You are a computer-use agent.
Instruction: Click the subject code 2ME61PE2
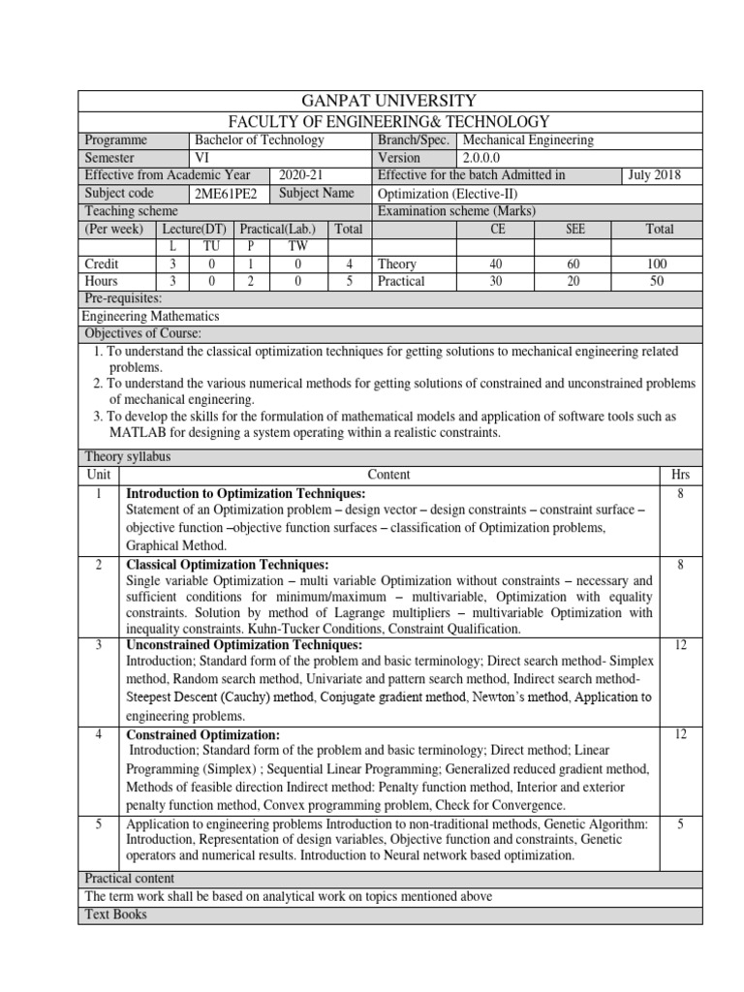click(227, 193)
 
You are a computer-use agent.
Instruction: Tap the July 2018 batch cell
click(654, 175)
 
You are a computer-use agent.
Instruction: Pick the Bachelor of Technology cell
click(260, 139)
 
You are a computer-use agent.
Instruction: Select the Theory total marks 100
click(657, 263)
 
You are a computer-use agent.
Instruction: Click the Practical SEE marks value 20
click(575, 281)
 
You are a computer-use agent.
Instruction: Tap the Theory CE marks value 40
click(497, 263)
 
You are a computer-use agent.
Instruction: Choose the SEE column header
click(575, 229)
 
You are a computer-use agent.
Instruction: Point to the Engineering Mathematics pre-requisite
click(150, 316)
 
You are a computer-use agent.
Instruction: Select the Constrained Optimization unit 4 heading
click(203, 735)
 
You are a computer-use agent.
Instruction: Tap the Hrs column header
click(680, 475)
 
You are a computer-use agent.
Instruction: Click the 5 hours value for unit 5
click(680, 822)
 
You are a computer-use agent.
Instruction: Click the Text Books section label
click(117, 914)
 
